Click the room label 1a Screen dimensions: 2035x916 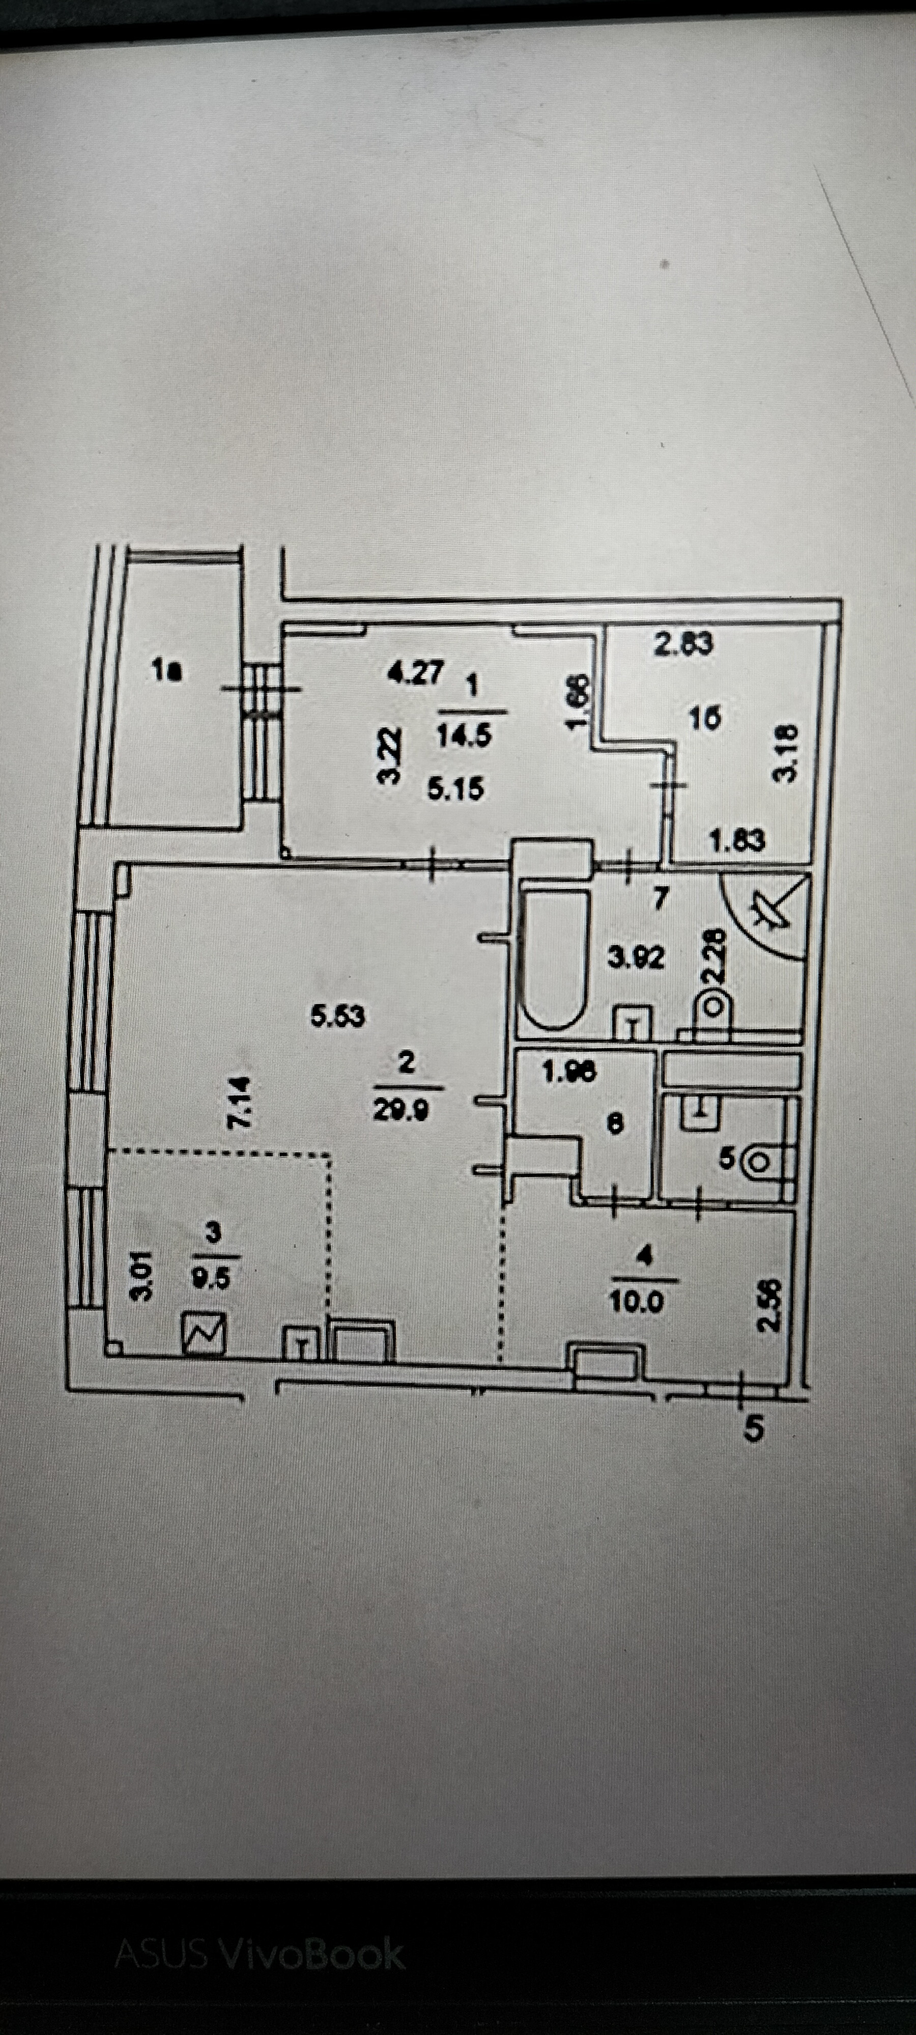pyautogui.click(x=167, y=672)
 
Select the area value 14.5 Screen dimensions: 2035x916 pyautogui.click(x=464, y=736)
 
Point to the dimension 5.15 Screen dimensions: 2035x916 pyautogui.click(x=456, y=789)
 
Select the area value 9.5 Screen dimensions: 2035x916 pyautogui.click(x=211, y=1276)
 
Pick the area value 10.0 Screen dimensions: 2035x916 pyautogui.click(x=637, y=1301)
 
